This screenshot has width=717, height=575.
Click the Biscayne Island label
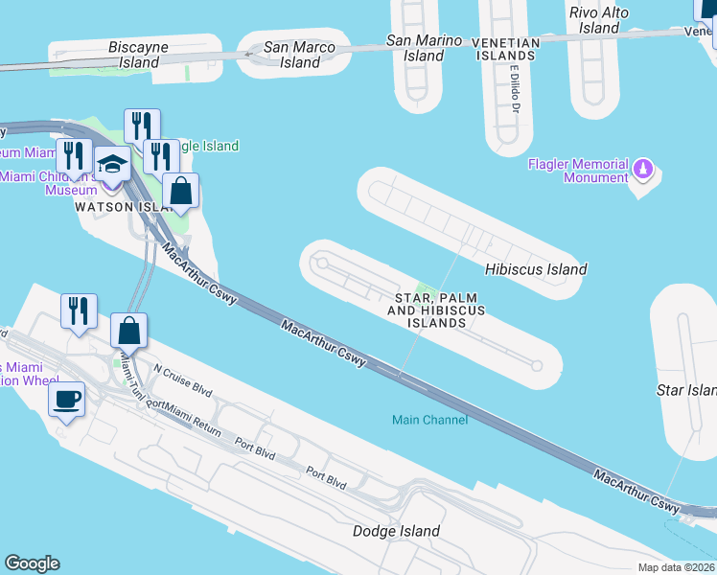tap(139, 54)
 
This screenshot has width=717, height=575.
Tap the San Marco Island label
tap(300, 55)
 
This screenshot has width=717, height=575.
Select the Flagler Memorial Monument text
tap(578, 171)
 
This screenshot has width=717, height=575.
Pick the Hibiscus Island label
tap(536, 269)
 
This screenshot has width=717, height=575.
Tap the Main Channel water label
tap(430, 420)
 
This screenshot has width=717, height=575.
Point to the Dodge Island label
tap(396, 531)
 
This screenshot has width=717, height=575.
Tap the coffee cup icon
tap(66, 400)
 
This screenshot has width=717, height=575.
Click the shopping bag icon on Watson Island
tap(180, 191)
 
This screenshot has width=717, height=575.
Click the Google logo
tap(32, 563)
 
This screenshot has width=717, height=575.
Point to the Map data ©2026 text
tap(676, 567)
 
